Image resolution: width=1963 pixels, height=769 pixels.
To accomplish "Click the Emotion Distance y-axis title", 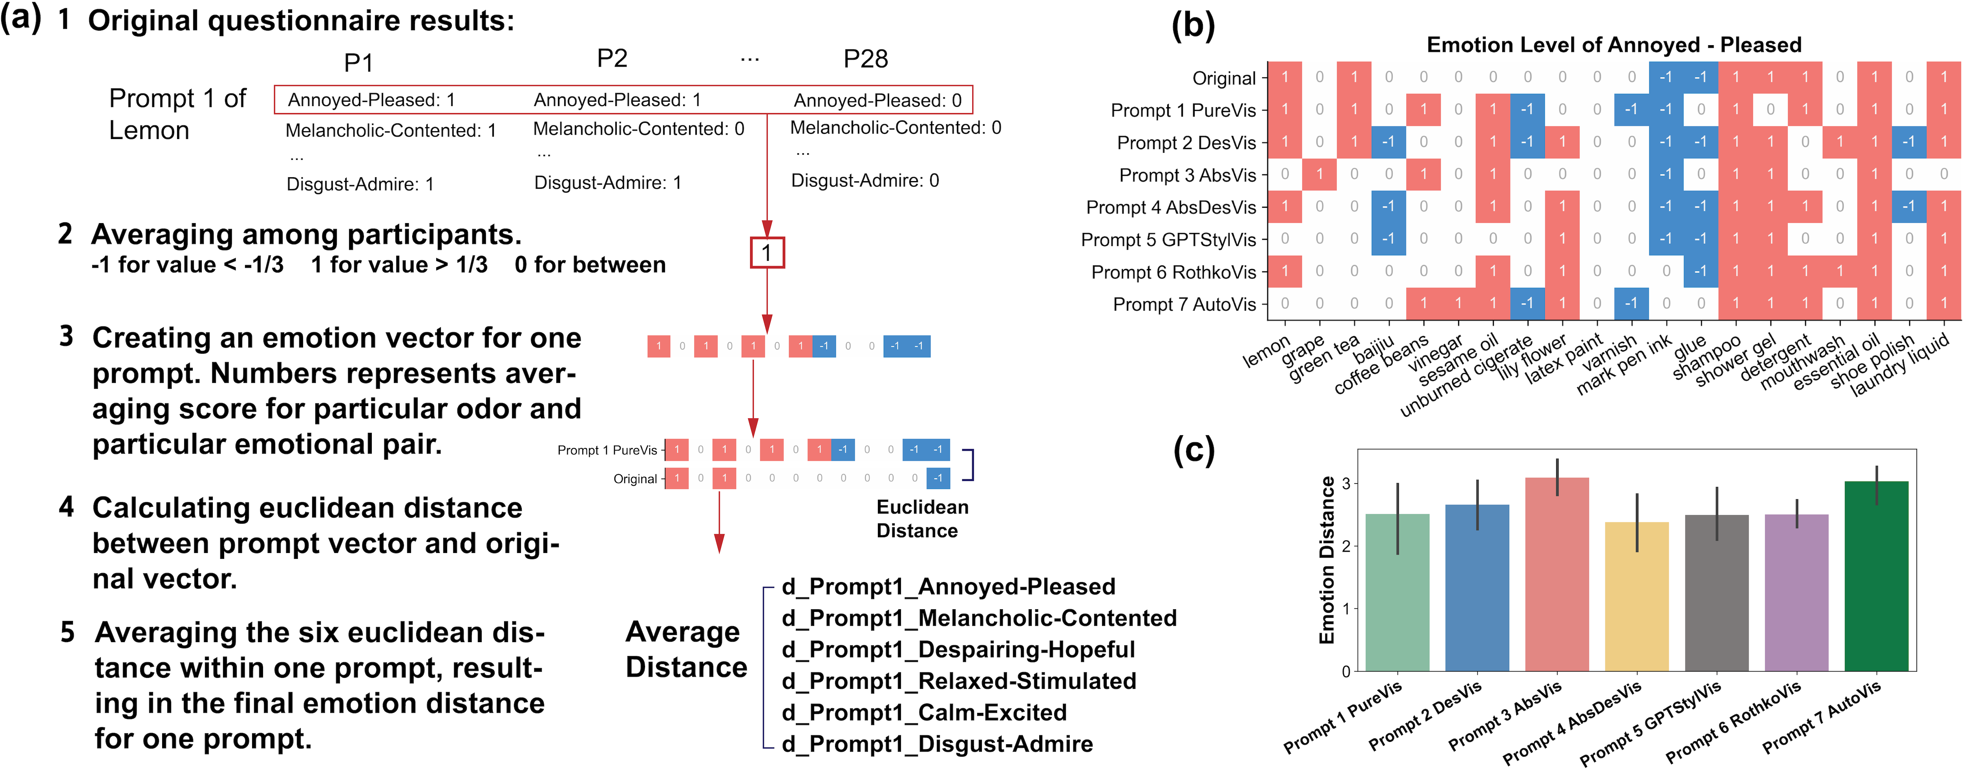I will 1327,560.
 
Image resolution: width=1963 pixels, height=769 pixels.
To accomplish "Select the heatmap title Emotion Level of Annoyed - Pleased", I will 1613,45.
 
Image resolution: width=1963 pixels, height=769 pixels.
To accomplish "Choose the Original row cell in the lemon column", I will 1285,77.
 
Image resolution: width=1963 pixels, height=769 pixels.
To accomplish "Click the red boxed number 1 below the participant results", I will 767,252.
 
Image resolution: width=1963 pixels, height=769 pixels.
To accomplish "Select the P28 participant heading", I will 865,59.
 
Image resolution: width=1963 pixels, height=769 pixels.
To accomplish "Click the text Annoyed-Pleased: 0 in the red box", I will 877,100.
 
